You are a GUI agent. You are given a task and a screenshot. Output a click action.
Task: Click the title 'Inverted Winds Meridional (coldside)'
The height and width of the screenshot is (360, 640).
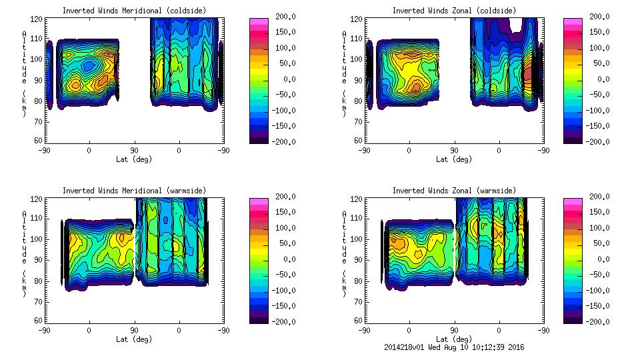pos(134,11)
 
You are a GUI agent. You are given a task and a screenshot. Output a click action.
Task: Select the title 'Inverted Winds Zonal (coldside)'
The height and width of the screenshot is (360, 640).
pos(454,11)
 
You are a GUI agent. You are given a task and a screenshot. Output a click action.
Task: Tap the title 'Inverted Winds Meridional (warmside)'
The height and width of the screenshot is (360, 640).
pos(134,191)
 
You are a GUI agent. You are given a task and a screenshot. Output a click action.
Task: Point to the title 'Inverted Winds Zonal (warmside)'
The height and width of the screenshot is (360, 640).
pos(454,191)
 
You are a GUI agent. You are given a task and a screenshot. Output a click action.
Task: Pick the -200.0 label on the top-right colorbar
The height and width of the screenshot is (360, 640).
pos(597,142)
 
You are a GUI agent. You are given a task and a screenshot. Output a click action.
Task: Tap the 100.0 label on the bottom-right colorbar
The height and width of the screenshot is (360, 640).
pos(597,228)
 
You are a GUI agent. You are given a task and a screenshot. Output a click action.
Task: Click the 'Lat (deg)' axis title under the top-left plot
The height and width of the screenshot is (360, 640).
pos(134,159)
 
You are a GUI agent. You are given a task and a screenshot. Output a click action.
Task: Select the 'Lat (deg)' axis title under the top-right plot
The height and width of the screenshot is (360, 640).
pos(454,159)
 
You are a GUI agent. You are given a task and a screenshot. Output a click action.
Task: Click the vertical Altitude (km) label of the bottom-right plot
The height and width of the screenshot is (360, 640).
pos(344,257)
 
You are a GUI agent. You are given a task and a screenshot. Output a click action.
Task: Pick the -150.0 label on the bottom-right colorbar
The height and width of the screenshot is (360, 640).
pos(597,306)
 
